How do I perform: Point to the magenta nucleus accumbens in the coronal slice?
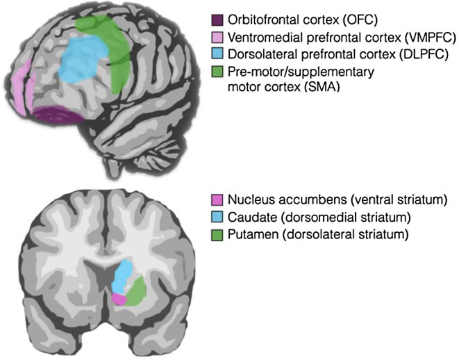tap(119, 299)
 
